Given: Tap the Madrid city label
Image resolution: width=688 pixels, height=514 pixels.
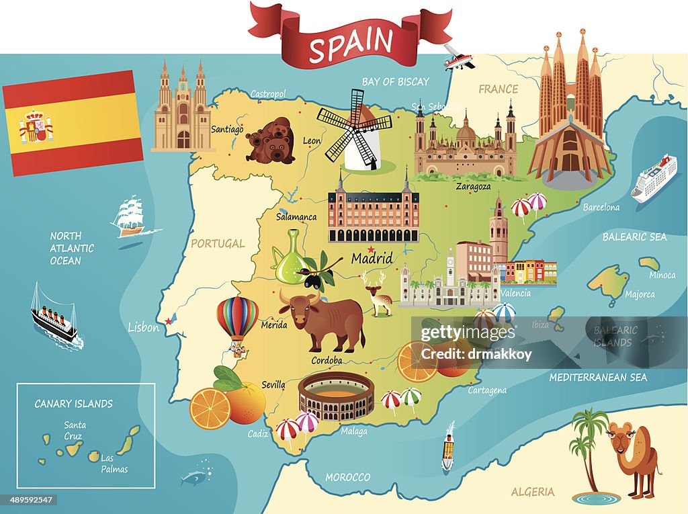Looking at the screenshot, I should pyautogui.click(x=372, y=258).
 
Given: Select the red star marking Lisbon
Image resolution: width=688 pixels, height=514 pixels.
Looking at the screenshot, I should pyautogui.click(x=168, y=321).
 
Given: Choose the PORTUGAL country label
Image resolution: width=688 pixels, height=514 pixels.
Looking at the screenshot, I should pyautogui.click(x=218, y=243).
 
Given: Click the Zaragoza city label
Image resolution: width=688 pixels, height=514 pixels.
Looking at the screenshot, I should pyautogui.click(x=472, y=186).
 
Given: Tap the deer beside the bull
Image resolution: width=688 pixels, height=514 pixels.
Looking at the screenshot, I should pyautogui.click(x=379, y=293).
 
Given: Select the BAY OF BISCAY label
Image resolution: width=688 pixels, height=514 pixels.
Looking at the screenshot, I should pyautogui.click(x=395, y=82).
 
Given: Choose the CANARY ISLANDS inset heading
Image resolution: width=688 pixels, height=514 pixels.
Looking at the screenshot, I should pyautogui.click(x=73, y=404).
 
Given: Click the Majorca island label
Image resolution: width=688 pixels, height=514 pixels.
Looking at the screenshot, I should pyautogui.click(x=640, y=294).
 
